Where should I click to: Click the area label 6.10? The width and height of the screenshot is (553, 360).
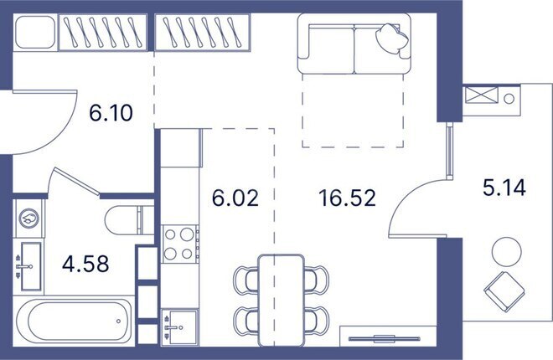pyautogui.click(x=111, y=111)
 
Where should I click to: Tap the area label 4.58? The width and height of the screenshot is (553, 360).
pyautogui.click(x=85, y=265)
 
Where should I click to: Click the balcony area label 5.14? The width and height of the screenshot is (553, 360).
pyautogui.click(x=504, y=188)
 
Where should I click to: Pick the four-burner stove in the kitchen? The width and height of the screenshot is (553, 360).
pyautogui.click(x=178, y=244)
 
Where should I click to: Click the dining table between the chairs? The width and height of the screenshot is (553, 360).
pyautogui.click(x=281, y=297)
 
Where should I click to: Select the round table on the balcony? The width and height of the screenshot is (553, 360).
pyautogui.click(x=506, y=250)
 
